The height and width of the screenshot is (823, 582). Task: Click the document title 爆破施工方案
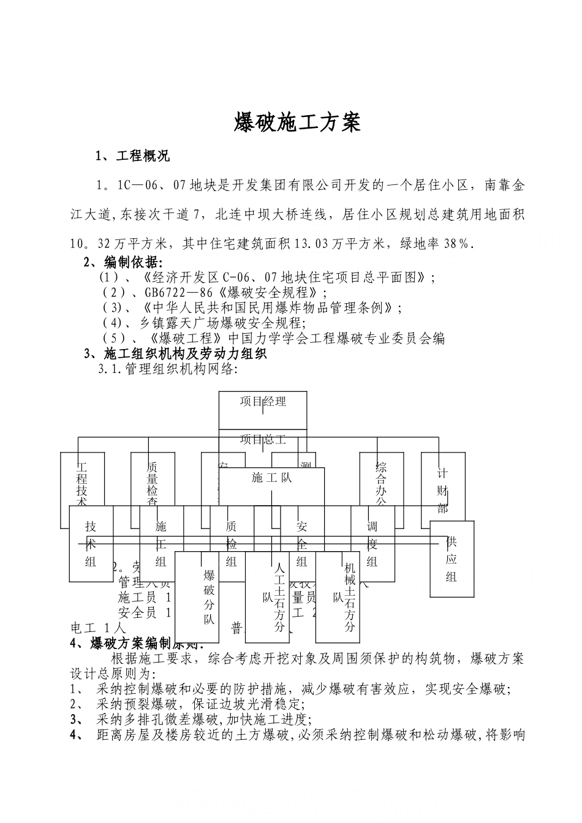pyautogui.click(x=297, y=122)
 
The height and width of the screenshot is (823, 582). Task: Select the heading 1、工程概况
pyautogui.click(x=133, y=157)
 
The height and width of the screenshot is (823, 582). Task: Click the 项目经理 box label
pyautogui.click(x=263, y=402)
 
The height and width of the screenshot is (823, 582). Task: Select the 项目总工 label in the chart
pyautogui.click(x=263, y=440)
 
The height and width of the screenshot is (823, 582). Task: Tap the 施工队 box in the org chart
pyautogui.click(x=271, y=478)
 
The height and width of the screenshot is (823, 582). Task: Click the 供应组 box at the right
pyautogui.click(x=452, y=558)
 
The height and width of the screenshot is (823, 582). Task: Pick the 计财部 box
pyautogui.click(x=442, y=490)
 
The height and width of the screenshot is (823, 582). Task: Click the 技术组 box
pyautogui.click(x=91, y=544)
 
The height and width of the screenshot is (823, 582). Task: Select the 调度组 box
pyautogui.click(x=372, y=544)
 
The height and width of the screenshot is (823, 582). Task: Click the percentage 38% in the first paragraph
pyautogui.click(x=457, y=244)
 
